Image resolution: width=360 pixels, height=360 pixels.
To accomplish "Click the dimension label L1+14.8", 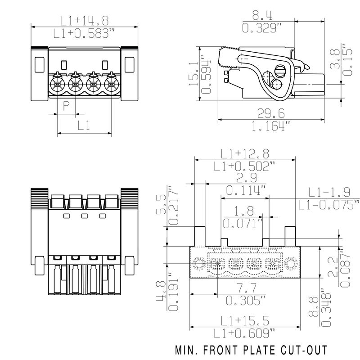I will [85, 21].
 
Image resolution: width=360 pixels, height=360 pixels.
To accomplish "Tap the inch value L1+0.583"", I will [85, 34].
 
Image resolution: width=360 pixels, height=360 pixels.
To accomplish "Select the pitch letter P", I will [66, 106].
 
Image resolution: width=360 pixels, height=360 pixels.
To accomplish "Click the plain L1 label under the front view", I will [84, 126].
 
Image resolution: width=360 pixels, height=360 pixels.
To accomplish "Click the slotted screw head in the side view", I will [281, 72].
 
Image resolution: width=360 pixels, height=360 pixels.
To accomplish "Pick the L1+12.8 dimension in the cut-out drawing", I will [245, 153].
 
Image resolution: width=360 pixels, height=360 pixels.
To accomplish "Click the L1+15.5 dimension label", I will [245, 320].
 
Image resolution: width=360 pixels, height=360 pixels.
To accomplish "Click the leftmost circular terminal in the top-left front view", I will [57, 84].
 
